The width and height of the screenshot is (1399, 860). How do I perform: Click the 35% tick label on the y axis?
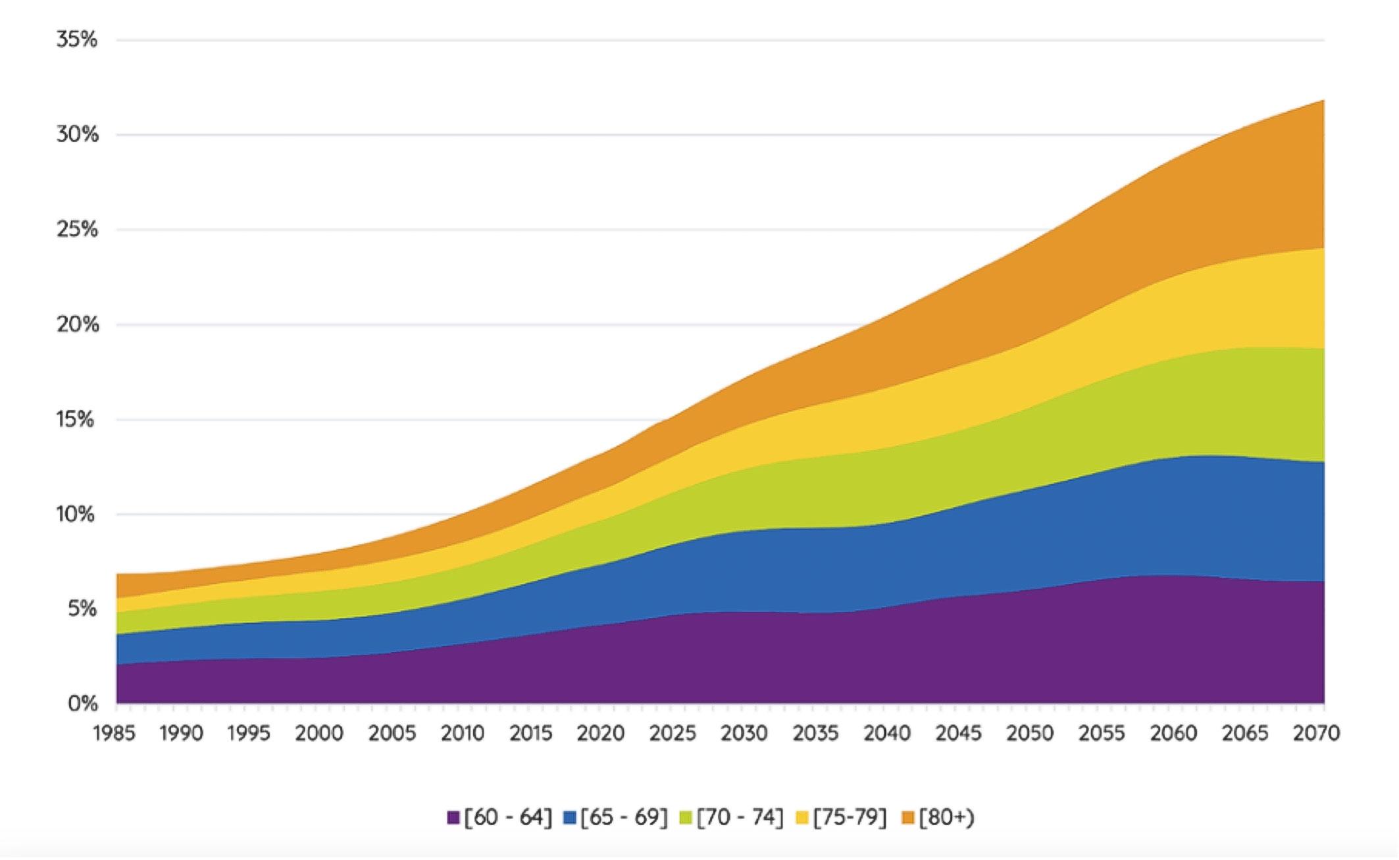77,39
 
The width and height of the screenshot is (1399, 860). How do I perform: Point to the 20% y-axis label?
77,324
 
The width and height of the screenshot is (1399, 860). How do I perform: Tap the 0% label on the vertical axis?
82,703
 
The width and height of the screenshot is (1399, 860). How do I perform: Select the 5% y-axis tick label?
82,609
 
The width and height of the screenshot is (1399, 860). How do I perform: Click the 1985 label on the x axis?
114,733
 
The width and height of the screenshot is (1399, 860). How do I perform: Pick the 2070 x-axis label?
1316,733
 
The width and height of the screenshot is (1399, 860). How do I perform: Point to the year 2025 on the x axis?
673,733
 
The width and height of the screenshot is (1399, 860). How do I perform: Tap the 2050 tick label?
1030,733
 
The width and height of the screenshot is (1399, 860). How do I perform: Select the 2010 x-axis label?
463,733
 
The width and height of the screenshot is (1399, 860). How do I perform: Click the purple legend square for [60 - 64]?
453,818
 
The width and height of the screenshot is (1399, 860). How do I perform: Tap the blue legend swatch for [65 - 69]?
570,818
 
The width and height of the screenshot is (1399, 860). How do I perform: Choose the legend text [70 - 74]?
740,817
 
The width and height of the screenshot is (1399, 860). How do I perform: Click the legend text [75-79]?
850,817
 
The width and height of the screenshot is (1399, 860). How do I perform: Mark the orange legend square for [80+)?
908,818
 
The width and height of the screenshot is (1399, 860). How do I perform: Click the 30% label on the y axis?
77,135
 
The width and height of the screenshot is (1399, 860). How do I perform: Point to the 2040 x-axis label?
887,733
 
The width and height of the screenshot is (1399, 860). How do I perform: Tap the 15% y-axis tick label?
77,419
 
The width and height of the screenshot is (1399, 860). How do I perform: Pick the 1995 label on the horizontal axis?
249,733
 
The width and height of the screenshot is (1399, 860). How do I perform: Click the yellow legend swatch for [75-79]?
802,818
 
